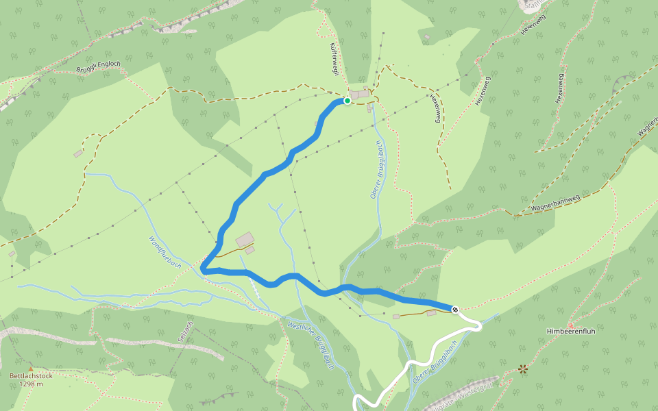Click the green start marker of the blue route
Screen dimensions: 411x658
pos(347,101)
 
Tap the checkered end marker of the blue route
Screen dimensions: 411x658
pos(455,310)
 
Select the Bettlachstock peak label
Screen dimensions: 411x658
pos(31,375)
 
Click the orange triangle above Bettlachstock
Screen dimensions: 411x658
pos(30,369)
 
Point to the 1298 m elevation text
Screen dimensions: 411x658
pos(31,384)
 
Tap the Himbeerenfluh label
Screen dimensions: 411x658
pos(569,332)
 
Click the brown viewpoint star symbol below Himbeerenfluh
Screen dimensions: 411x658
pos(524,369)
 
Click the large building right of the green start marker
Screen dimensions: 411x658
pos(359,95)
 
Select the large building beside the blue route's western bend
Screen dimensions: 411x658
pos(245,240)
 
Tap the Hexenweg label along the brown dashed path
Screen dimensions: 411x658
pos(435,108)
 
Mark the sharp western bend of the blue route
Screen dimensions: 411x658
pos(205,270)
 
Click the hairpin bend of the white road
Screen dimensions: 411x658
pos(477,325)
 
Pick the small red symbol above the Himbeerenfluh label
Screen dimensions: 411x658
pos(570,323)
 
